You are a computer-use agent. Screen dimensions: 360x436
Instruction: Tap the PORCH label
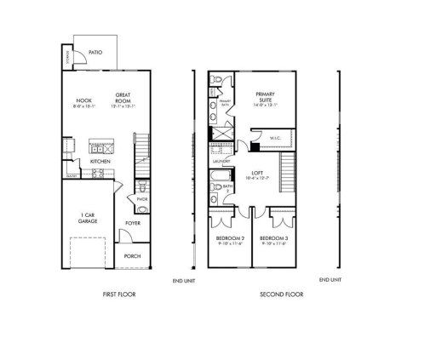[x=132, y=255]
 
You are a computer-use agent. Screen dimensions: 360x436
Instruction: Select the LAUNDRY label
[x=221, y=158]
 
